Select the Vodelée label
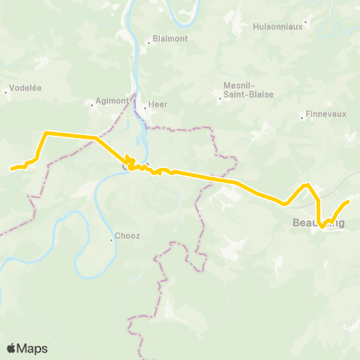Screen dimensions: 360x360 point(25,88)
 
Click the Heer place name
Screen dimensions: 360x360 point(157,105)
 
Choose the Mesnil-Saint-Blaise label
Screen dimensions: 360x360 point(248,89)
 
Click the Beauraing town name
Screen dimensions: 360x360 point(318,223)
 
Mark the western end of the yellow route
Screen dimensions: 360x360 point(11,169)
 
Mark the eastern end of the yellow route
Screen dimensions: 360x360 point(349,202)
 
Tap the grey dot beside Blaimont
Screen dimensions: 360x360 point(148,43)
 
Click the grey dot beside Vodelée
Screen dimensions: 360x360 point(6,92)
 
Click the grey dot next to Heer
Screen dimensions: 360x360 point(145,107)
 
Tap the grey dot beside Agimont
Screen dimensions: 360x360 point(93,106)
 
